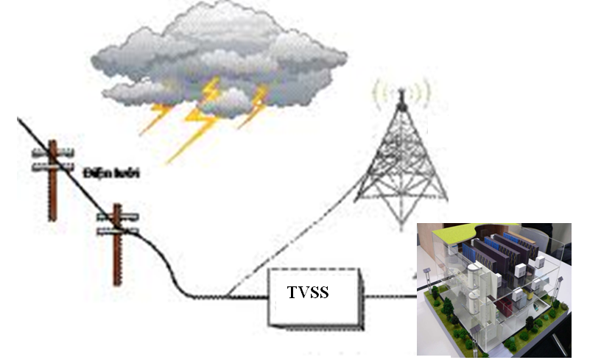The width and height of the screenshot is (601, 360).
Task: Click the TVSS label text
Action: [308, 293]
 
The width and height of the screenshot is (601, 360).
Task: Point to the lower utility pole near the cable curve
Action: [116, 250]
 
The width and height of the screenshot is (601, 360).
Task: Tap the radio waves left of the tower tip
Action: [380, 93]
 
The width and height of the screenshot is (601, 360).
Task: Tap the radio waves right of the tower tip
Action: [423, 93]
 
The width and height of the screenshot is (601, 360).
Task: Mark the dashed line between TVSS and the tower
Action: [295, 236]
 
